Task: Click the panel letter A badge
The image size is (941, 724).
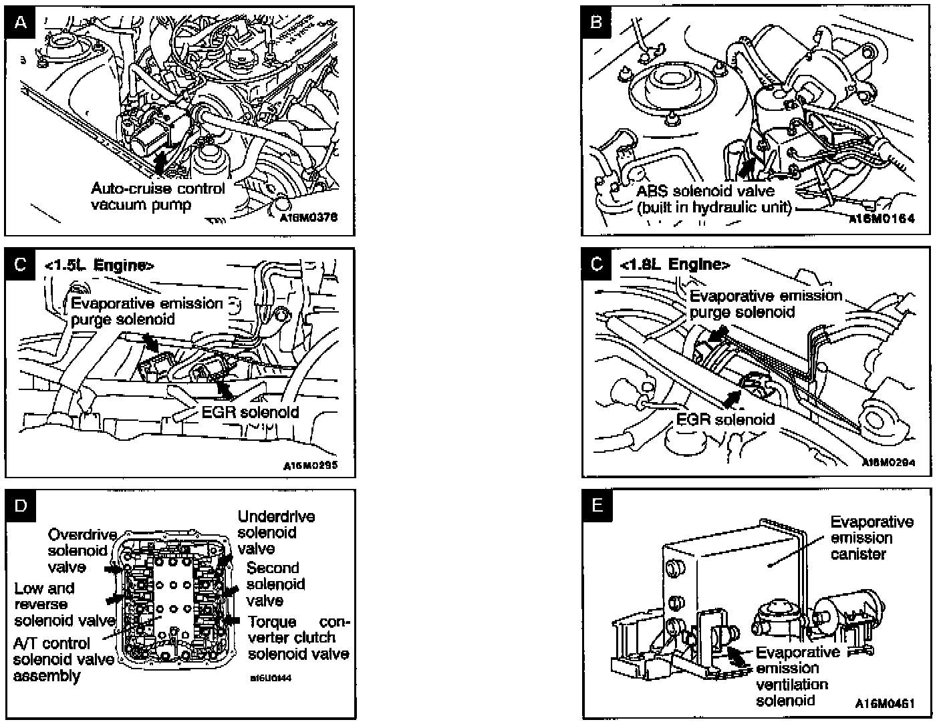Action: pyautogui.click(x=21, y=23)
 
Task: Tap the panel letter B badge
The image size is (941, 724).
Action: pyautogui.click(x=597, y=22)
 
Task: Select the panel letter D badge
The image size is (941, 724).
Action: pyautogui.click(x=21, y=506)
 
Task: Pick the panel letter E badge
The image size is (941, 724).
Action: pyautogui.click(x=597, y=506)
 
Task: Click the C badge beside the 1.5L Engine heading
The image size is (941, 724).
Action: pyautogui.click(x=21, y=265)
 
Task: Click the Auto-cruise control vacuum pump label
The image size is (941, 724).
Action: pyautogui.click(x=158, y=196)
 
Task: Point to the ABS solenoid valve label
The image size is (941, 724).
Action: pyautogui.click(x=714, y=199)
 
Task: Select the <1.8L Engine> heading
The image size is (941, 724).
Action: pyautogui.click(x=675, y=264)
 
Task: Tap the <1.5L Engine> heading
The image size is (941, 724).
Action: pyautogui.click(x=99, y=265)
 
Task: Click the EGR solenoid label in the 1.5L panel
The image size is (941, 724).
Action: pyautogui.click(x=250, y=412)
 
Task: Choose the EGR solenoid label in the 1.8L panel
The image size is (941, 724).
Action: pyautogui.click(x=725, y=419)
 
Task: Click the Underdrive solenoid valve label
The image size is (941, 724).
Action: pyautogui.click(x=275, y=532)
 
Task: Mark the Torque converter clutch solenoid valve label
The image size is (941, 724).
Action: pyautogui.click(x=298, y=638)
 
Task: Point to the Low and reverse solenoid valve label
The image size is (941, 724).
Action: pyautogui.click(x=64, y=604)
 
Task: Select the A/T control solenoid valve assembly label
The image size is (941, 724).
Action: pyautogui.click(x=63, y=659)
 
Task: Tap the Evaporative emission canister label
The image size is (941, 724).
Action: pyautogui.click(x=871, y=538)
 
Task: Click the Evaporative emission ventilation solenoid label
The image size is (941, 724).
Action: pyautogui.click(x=797, y=676)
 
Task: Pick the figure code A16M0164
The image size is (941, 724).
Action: pyautogui.click(x=882, y=218)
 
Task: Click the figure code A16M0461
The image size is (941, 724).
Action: pyautogui.click(x=884, y=703)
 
